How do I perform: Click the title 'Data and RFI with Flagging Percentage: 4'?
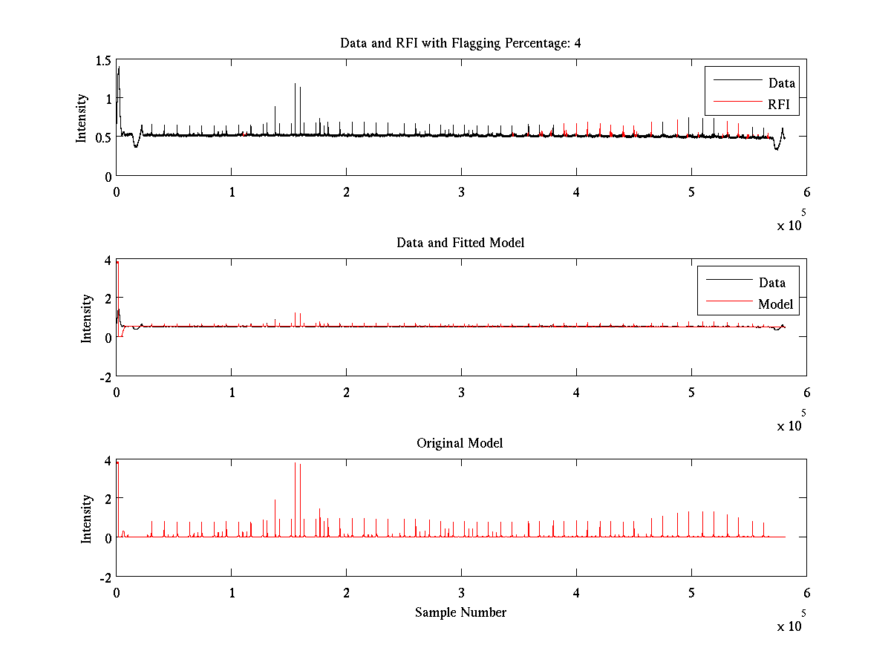460,43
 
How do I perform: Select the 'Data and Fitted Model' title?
460,243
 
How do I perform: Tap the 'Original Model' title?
460,443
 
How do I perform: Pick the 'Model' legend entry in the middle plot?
775,304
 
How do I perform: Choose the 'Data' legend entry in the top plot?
782,83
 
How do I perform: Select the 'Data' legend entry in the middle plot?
772,282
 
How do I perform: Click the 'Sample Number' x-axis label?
460,612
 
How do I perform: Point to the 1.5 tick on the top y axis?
102,60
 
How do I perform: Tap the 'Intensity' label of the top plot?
82,118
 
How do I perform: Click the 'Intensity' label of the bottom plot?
87,518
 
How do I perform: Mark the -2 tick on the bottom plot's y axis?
104,577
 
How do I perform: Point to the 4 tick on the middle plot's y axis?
107,261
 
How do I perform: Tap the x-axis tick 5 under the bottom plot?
691,592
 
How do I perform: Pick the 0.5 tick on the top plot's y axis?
102,137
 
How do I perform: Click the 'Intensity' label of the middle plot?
87,318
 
